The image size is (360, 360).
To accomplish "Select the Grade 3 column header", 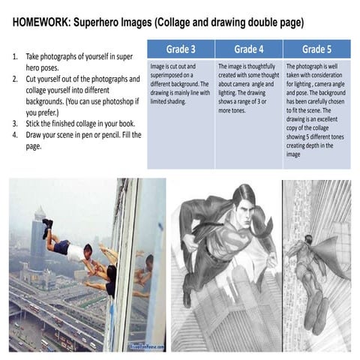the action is coord(180,49).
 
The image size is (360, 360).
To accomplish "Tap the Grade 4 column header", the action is coord(248,49).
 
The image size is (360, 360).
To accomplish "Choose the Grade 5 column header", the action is coord(316,49).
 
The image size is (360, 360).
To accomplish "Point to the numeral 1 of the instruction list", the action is coord(16,56).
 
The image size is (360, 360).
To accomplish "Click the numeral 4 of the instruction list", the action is coord(16,134).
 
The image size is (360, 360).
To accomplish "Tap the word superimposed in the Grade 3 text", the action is coord(171,74).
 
